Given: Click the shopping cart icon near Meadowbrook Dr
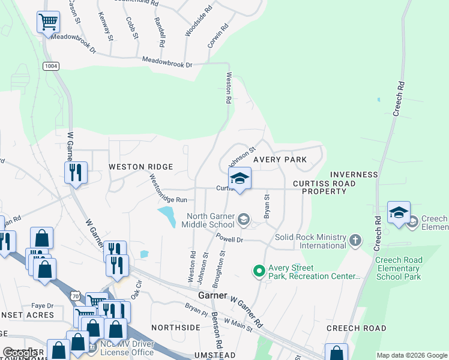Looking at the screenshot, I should pyautogui.click(x=48, y=22).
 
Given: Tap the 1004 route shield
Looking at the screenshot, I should pyautogui.click(x=51, y=66).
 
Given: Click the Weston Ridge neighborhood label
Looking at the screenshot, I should pyautogui.click(x=140, y=167).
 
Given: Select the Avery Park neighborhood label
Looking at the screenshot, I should pyautogui.click(x=280, y=160).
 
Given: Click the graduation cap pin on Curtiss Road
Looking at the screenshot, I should pyautogui.click(x=240, y=179).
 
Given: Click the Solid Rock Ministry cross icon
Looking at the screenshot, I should pyautogui.click(x=355, y=241).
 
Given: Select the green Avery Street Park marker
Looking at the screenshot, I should pyautogui.click(x=259, y=272).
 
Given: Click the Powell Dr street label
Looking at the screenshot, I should pyautogui.click(x=229, y=239).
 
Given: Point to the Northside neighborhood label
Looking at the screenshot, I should pyautogui.click(x=175, y=328).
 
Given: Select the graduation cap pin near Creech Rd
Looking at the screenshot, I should pyautogui.click(x=399, y=213).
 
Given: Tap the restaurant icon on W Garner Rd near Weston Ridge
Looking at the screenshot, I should pyautogui.click(x=76, y=173).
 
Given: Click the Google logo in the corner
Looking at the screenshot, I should pyautogui.click(x=20, y=353).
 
